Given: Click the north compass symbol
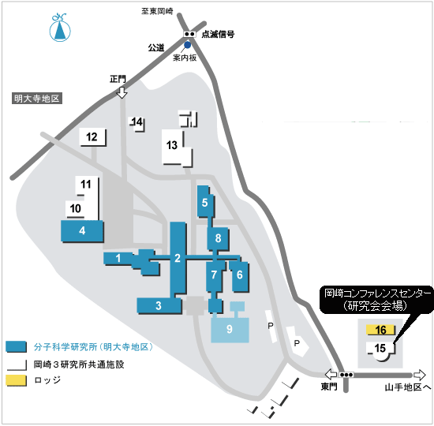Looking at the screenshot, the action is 60,28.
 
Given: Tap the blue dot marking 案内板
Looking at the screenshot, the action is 187,44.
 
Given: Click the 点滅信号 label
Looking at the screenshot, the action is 218,35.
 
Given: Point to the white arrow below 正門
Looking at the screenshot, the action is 122,92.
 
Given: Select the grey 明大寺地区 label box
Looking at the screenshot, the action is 37,99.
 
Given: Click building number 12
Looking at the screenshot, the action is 92,137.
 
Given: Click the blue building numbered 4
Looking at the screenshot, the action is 82,231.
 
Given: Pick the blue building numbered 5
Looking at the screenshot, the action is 205,202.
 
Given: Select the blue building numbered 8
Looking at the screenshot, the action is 218,238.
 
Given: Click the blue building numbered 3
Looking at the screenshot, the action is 159,306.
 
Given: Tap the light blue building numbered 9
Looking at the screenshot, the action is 230,330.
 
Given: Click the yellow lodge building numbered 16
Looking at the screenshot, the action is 380,330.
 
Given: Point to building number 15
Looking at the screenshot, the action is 380,349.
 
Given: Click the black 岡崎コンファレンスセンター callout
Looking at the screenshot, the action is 376,300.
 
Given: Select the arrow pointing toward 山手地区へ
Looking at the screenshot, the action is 420,375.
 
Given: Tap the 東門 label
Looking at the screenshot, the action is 329,387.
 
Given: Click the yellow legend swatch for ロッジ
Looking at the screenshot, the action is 17,380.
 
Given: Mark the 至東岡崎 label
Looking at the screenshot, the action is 157,11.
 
